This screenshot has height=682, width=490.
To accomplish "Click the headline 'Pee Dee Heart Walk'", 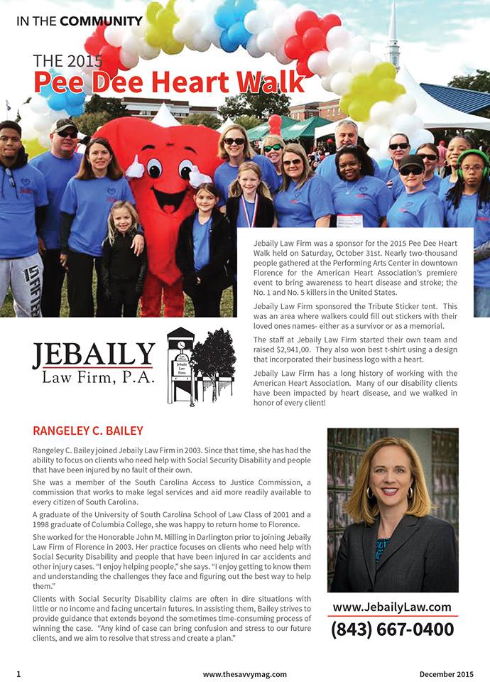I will (169, 82).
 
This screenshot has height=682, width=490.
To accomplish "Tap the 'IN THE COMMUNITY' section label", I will (79, 21).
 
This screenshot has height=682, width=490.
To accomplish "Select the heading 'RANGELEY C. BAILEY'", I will (88, 431).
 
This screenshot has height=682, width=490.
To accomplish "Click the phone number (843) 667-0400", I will (393, 629).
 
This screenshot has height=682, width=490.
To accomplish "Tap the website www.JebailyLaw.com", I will (392, 607).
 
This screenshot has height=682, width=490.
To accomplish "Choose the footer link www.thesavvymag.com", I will (244, 673).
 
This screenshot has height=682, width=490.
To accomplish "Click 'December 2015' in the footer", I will (446, 673).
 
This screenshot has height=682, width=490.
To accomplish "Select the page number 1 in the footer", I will (18, 673).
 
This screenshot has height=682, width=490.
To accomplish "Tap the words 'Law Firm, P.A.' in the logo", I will (98, 377).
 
